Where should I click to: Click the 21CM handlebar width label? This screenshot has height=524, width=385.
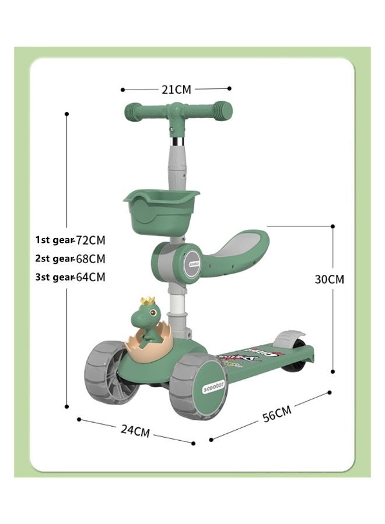click(x=176, y=89)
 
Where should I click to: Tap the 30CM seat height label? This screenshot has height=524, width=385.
click(x=330, y=279)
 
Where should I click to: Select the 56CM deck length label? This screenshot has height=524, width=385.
click(x=275, y=414)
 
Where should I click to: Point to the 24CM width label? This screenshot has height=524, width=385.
click(x=135, y=430)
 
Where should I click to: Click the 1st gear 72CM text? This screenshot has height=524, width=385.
click(x=71, y=239)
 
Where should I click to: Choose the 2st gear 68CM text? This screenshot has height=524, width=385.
click(x=71, y=258)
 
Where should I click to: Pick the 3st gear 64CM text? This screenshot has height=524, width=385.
click(x=71, y=277)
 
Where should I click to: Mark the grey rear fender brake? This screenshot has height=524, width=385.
click(x=290, y=338)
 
